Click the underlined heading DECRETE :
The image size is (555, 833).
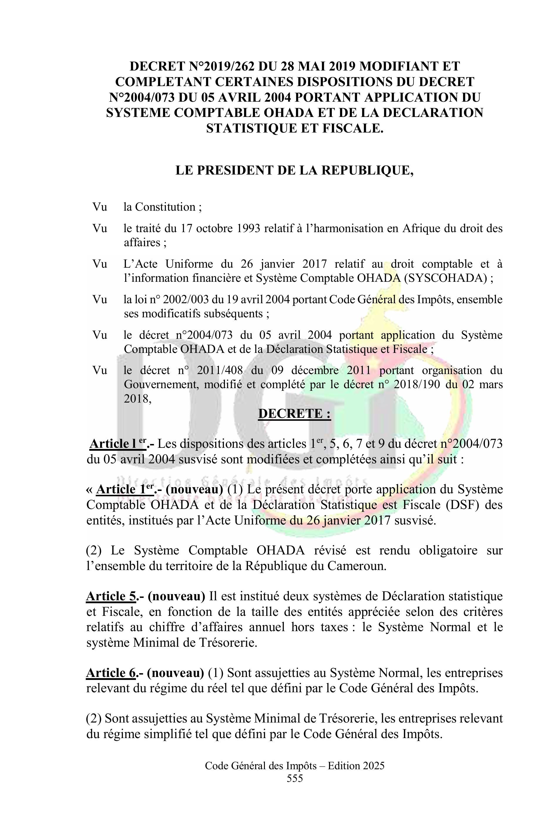click(295, 413)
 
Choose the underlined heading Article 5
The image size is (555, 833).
click(111, 596)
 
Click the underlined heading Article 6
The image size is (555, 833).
click(111, 673)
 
